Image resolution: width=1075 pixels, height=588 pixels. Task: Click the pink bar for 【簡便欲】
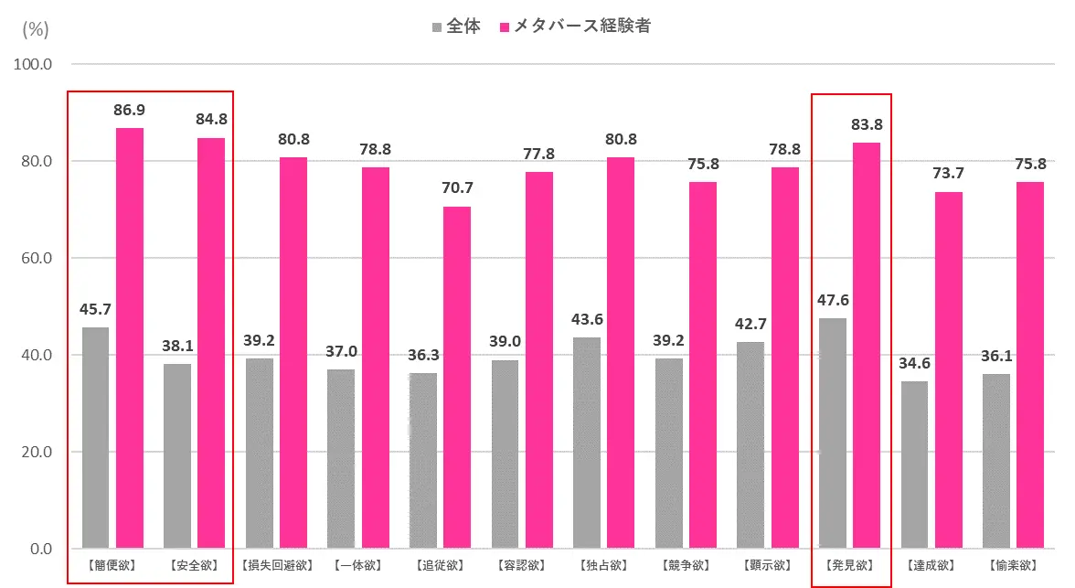point(130,338)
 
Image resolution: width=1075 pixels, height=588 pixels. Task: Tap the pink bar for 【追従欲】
point(457,377)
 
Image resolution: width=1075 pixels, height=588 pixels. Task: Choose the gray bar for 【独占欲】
point(587,443)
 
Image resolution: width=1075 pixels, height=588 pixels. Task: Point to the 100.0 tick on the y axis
point(35,65)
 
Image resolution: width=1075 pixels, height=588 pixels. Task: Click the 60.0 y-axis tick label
point(35,258)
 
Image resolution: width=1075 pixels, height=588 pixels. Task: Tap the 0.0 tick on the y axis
point(39,549)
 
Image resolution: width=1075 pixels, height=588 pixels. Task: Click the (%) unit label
point(35,28)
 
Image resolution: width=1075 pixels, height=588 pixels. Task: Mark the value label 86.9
point(130,110)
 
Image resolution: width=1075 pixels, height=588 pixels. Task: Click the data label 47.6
point(833,300)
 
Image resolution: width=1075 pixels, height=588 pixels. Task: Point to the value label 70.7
point(457,188)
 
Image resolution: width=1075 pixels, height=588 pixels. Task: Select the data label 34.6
point(914,363)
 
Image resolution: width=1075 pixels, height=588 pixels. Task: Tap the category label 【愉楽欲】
point(1014,565)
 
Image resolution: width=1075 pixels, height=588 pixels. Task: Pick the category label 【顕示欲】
point(768,565)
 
